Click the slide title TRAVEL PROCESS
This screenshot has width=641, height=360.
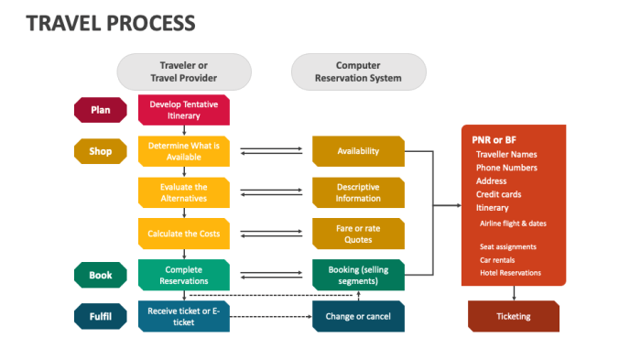coord(110,22)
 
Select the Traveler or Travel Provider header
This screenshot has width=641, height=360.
coord(183,71)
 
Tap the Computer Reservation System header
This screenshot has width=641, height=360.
coord(358,71)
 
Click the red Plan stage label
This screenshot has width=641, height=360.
coord(100,111)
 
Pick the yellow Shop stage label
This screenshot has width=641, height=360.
coord(100,151)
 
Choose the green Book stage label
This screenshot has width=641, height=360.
coord(100,275)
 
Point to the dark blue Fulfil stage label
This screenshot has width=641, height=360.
coord(100,317)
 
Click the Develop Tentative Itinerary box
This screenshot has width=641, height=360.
coord(183,110)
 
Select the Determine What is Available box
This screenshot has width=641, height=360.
coord(183,151)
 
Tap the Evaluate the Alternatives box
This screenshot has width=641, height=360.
coord(183,192)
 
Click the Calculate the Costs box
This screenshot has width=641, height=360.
coord(183,234)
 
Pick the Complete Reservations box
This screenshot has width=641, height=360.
coord(183,275)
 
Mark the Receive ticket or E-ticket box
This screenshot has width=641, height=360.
coord(183,316)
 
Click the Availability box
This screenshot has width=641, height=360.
coord(358,151)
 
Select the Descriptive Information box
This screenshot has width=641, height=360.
coord(358,192)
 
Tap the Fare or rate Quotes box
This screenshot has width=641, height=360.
coord(358,234)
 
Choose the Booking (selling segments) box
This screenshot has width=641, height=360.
coord(358,275)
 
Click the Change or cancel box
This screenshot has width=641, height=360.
coord(358,316)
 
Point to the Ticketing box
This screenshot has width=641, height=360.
coord(513,316)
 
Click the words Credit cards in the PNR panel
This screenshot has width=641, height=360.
coord(500,194)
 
